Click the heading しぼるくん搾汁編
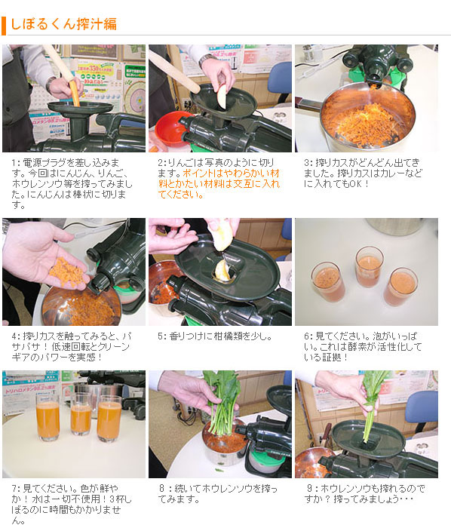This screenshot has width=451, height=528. click(x=63, y=23)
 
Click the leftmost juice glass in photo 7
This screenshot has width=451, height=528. click(x=47, y=420)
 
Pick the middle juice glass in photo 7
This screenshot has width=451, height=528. click(x=81, y=415)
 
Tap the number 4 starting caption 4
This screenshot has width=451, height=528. click(x=14, y=336)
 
